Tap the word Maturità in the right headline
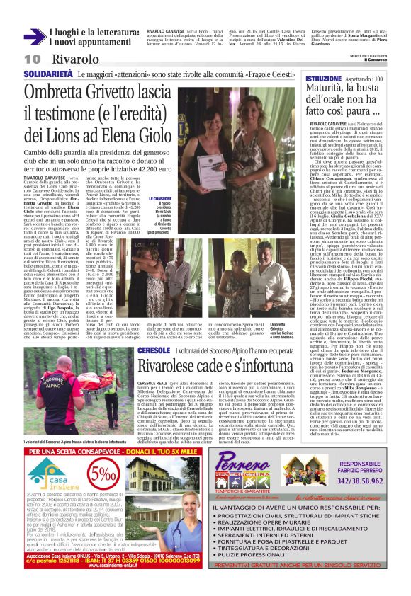coord(327,88)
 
